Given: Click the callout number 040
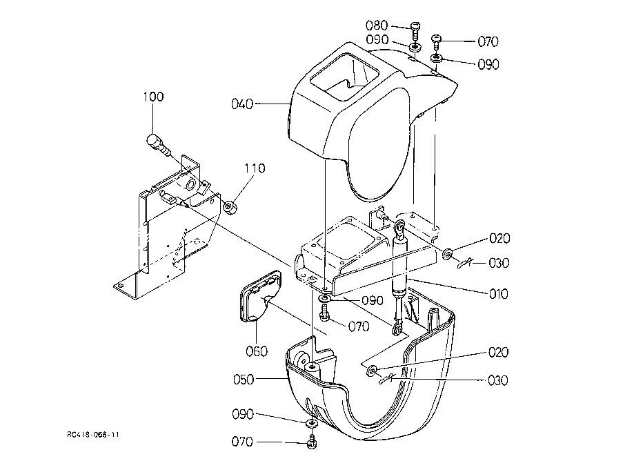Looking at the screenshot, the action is [242, 104].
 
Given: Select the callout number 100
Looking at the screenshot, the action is [154, 97].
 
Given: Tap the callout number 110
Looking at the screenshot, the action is [255, 168].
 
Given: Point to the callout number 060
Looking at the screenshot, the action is [257, 351].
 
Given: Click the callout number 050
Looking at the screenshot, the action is [244, 380].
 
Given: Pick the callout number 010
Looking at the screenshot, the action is [498, 293].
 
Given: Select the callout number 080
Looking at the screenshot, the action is [377, 26].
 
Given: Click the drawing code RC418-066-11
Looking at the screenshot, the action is [93, 435].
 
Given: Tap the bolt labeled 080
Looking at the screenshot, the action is [415, 31].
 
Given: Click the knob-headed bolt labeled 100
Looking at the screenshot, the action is [157, 145].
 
